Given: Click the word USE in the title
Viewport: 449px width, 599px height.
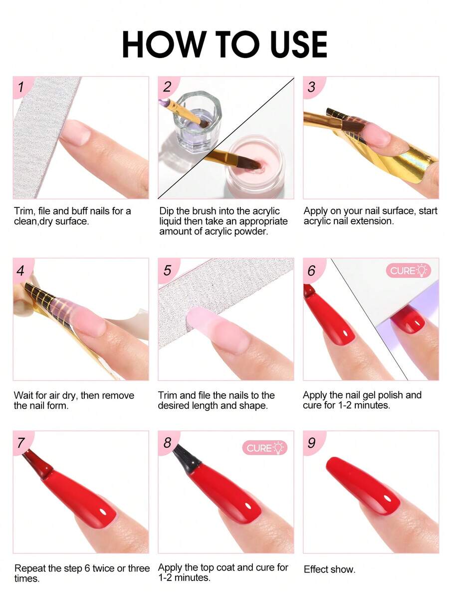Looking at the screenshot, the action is tap(298, 44).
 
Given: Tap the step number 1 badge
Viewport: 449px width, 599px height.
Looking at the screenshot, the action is tap(21, 87).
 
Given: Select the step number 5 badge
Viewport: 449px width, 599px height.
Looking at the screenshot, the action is tap(167, 270).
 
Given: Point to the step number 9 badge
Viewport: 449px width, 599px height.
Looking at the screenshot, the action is tap(312, 443).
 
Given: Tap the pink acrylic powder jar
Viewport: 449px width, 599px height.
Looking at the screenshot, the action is tap(253, 163).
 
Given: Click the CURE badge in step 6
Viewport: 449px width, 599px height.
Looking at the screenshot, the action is tap(408, 270).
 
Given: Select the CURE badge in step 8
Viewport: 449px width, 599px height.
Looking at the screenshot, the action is tap(264, 448).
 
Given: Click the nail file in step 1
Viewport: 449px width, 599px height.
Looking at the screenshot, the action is tap(42, 137).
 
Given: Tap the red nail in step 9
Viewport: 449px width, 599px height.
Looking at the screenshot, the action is tap(363, 485).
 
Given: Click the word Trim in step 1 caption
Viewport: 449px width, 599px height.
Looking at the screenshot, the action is tap(24, 211).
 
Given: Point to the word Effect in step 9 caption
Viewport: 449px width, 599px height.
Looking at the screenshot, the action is tap(317, 569).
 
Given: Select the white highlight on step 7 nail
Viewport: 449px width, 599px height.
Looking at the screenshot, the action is tap(103, 512).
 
